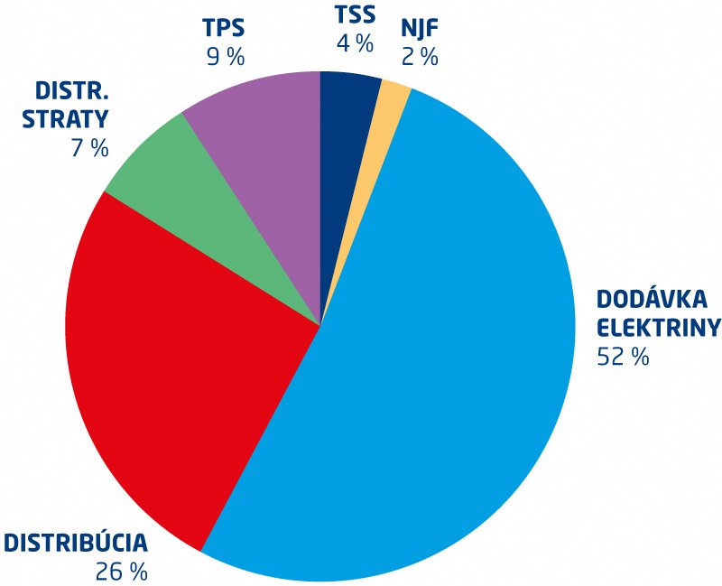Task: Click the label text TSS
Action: point(355,14)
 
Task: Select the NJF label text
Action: point(420,28)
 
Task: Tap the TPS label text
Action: point(224,28)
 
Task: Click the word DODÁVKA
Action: point(652,299)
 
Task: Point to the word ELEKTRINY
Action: point(659,328)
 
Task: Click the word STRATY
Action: point(65,119)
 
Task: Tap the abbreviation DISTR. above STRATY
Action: point(71,91)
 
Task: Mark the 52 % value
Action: point(623,357)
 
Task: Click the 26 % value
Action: point(122,572)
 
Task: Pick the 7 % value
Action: point(89,148)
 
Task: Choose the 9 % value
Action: point(225,57)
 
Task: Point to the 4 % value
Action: point(355,43)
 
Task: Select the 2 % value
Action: point(420,57)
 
